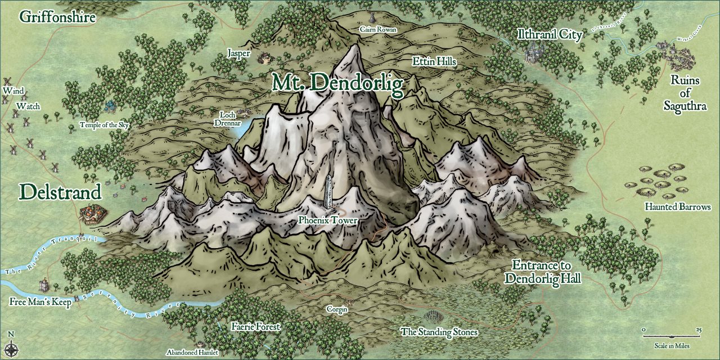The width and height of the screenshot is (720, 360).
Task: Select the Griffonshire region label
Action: [57, 17]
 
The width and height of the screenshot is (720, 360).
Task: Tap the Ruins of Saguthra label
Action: [685, 93]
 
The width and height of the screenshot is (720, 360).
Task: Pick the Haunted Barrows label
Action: [678, 208]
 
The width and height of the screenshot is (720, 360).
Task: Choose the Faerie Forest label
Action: [255, 326]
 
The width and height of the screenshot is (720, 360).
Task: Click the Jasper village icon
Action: [263, 57]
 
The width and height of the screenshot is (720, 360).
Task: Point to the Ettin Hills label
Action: [434, 61]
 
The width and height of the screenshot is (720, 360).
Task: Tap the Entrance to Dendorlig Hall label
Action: [542, 272]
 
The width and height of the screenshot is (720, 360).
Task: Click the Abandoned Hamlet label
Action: [192, 352]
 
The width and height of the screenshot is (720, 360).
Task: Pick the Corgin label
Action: [337, 309]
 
